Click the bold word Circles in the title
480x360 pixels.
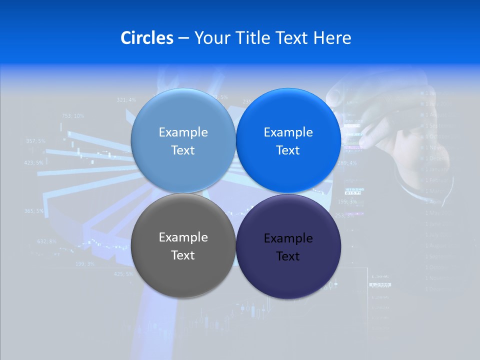pos(146,38)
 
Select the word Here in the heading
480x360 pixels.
pos(332,38)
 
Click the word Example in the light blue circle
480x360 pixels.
pos(183,132)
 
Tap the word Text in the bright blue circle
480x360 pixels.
pos(288,150)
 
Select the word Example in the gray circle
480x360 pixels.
pos(183,237)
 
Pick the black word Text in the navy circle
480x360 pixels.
pos(288,256)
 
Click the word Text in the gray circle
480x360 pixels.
pos(183,255)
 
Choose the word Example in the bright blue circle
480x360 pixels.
pos(288,132)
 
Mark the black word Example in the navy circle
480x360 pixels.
pos(288,238)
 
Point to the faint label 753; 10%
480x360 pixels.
pos(72,116)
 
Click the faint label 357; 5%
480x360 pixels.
pos(35,141)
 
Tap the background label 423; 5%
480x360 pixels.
pos(34,162)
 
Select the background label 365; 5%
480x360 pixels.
pos(34,211)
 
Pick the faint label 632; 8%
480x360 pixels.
pos(47,241)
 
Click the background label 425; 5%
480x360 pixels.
pos(123,274)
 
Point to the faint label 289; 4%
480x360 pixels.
pos(347,163)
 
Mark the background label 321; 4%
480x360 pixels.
pos(126,100)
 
